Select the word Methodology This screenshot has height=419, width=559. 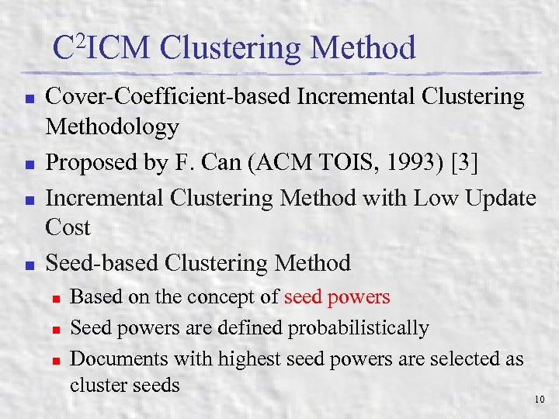[112, 126]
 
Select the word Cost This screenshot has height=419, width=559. [68, 227]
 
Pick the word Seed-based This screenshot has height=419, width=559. [102, 263]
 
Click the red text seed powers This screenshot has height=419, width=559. [338, 297]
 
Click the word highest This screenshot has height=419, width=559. [250, 359]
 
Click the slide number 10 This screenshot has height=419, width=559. [540, 400]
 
